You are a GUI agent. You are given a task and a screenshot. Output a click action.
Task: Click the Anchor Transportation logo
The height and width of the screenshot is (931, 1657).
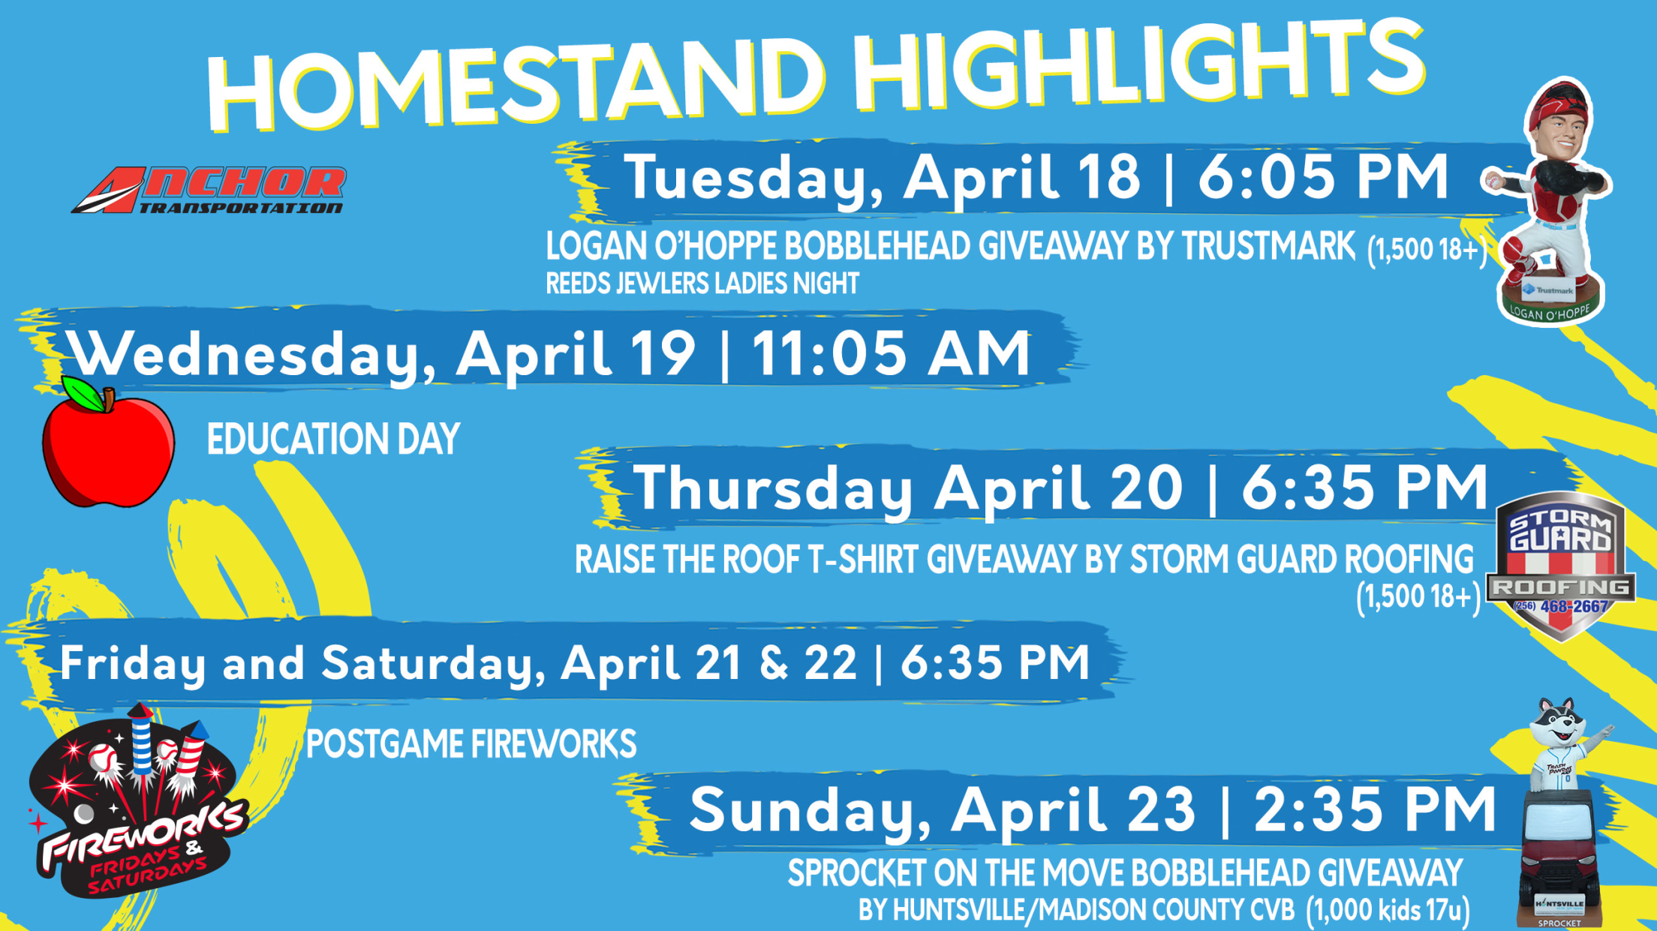(x=209, y=191)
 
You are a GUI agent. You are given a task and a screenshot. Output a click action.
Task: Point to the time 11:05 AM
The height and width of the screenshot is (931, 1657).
(x=892, y=353)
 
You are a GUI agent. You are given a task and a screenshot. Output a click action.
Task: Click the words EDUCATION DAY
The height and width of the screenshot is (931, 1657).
(x=333, y=439)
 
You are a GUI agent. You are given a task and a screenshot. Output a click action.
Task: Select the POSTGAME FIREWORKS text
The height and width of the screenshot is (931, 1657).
(x=471, y=744)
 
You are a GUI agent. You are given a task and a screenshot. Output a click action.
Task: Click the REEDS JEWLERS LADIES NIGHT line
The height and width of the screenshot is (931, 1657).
(x=702, y=284)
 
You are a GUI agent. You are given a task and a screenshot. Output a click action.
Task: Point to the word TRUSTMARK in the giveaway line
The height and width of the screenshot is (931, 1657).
(x=1269, y=246)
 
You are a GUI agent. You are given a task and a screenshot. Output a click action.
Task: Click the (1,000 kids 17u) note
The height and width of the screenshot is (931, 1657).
(x=1388, y=910)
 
